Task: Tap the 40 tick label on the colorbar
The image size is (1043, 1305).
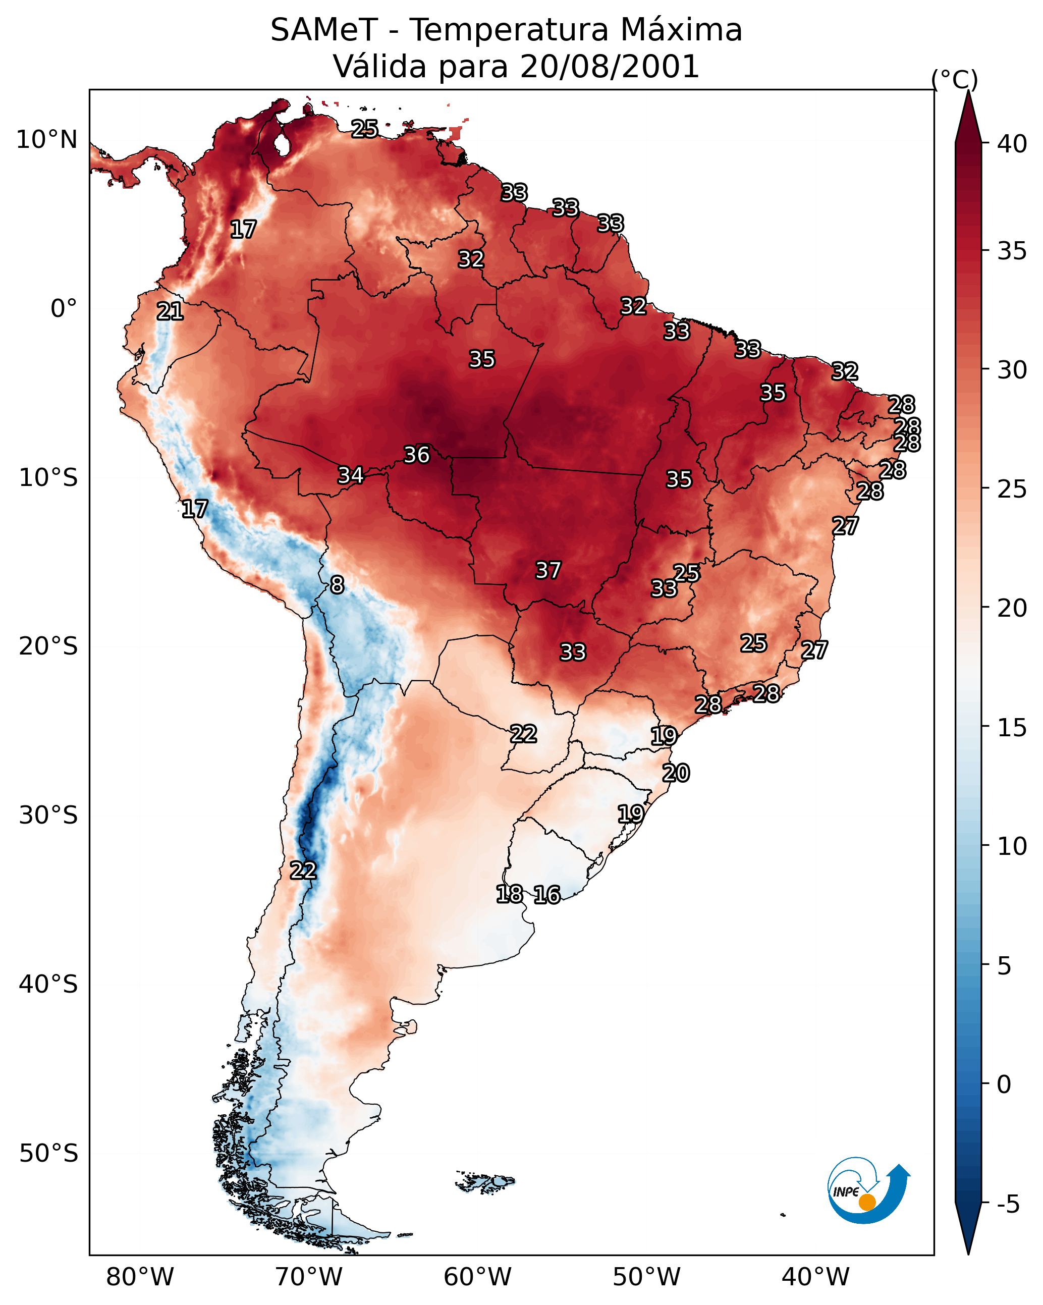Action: [1012, 144]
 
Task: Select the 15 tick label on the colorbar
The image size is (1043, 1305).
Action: [1012, 728]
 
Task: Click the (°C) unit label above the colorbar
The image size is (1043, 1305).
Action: [954, 79]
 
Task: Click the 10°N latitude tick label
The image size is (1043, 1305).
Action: [46, 140]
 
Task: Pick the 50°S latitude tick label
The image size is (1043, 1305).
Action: [48, 1154]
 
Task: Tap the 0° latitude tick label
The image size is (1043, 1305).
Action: [64, 309]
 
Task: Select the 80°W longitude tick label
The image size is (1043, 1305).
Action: [140, 1277]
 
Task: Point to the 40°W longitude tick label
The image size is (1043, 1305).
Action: [815, 1277]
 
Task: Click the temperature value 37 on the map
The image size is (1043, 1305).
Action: [548, 570]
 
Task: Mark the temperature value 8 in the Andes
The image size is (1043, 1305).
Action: [337, 585]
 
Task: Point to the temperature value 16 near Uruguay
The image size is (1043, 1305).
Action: [547, 895]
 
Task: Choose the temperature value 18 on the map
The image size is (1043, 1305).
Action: [510, 893]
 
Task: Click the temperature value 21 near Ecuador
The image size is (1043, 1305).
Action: [170, 312]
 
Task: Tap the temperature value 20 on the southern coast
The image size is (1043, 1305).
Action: [676, 773]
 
